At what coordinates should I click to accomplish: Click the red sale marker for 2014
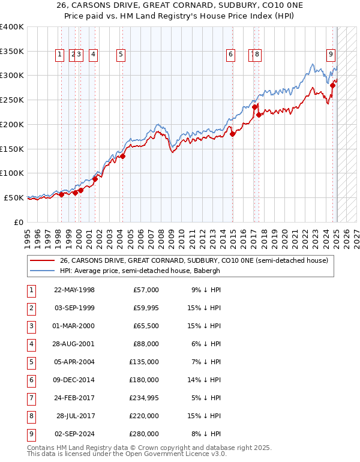pos(232,134)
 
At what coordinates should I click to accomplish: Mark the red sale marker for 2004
pos(122,157)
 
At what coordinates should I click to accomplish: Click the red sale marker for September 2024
pos(332,85)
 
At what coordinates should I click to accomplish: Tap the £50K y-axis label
pos(14,197)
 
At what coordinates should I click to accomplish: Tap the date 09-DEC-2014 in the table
pos(74,379)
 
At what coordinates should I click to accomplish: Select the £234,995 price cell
pos(144,397)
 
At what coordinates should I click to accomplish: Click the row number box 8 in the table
pos(31,415)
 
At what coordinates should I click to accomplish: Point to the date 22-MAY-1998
pos(74,290)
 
